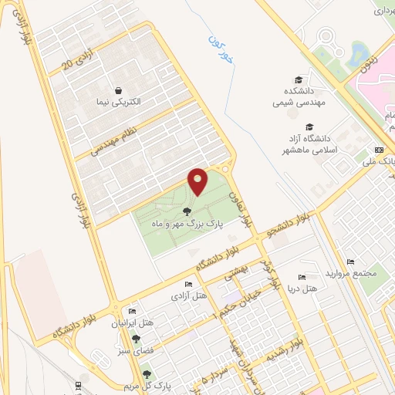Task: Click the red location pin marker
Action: (x=197, y=181)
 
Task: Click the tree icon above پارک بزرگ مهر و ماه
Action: (x=186, y=211)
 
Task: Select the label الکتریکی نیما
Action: (x=118, y=103)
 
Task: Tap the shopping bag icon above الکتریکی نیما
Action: (x=117, y=90)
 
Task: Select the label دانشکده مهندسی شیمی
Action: (x=299, y=94)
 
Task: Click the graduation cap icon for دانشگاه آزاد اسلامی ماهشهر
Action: (x=310, y=127)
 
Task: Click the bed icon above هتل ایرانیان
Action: (x=131, y=312)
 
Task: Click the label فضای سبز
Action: (x=138, y=349)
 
